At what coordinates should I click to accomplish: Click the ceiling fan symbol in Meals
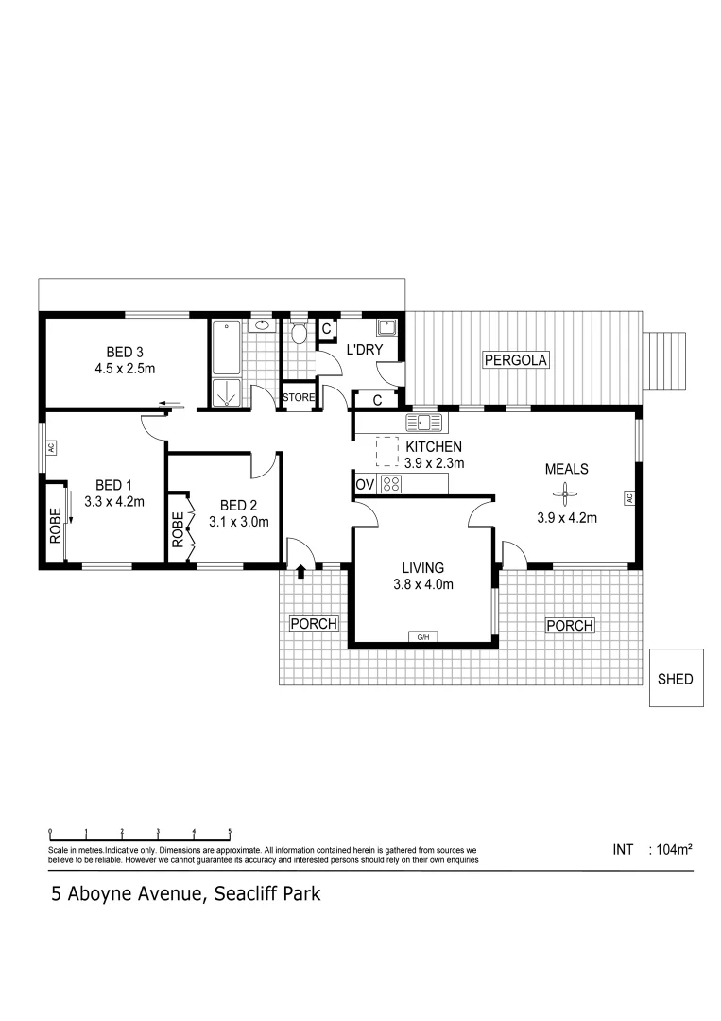(564, 492)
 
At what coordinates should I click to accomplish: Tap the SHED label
(676, 679)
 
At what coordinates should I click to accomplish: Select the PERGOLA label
(516, 360)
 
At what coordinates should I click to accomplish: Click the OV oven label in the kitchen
(366, 485)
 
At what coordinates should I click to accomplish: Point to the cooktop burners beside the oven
(392, 484)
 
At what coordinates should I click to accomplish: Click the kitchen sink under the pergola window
(423, 422)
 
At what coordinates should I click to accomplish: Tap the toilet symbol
(299, 333)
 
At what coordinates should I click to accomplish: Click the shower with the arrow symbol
(228, 393)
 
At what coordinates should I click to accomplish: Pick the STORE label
(299, 398)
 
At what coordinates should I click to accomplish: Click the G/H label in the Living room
(422, 637)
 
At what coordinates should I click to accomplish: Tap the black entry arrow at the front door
(301, 571)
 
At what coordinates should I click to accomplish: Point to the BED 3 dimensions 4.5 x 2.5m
(125, 369)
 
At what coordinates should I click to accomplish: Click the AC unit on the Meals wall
(627, 497)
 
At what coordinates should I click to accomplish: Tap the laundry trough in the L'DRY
(386, 328)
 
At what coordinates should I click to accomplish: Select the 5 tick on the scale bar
(230, 833)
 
